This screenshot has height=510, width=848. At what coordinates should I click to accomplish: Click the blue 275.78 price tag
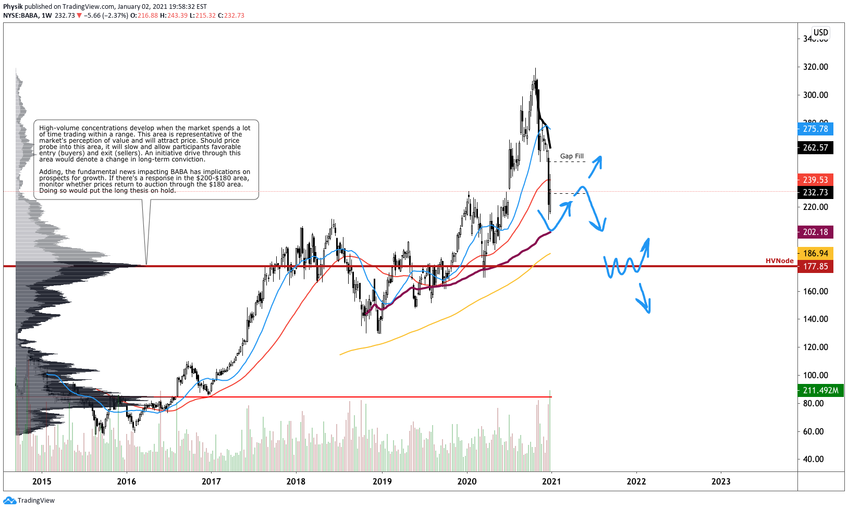tap(815, 129)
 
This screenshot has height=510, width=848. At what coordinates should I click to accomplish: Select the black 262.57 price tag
tap(815, 147)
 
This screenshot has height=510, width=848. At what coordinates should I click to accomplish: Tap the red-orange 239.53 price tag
tap(815, 180)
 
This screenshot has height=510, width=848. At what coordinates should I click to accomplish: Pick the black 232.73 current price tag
tap(815, 192)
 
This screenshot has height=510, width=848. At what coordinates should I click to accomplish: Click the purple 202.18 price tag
tap(815, 232)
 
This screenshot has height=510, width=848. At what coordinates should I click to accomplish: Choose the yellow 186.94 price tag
tap(815, 253)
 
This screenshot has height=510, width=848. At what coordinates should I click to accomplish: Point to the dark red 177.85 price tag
tap(815, 266)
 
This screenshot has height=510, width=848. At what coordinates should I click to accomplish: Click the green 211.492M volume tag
tap(820, 390)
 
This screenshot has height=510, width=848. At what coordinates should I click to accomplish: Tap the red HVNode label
tap(779, 260)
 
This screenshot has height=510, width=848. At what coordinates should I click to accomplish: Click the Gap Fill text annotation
tap(572, 156)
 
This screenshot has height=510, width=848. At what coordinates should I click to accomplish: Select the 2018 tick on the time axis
tap(296, 481)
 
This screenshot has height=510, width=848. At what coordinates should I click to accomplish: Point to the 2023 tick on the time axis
tap(721, 481)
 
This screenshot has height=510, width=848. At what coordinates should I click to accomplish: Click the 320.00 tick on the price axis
tap(815, 67)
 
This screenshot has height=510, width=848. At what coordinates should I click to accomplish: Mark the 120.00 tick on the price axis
tap(815, 347)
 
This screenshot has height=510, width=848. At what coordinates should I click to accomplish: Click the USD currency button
tap(820, 32)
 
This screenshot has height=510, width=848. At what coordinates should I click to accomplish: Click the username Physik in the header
tap(13, 7)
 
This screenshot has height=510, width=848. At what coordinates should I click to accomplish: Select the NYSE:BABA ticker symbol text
tap(20, 16)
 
